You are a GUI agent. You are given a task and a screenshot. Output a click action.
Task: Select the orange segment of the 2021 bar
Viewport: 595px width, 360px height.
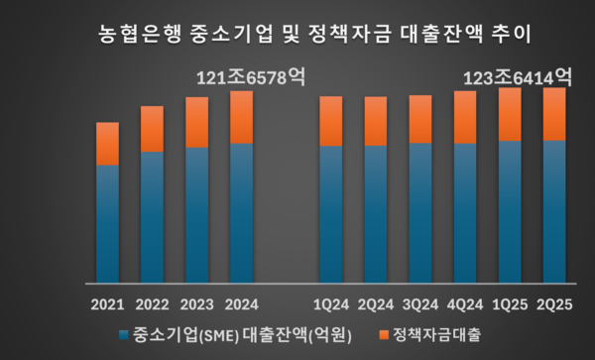(107, 144)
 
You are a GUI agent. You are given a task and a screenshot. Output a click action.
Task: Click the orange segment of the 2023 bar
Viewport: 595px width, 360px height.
(196, 122)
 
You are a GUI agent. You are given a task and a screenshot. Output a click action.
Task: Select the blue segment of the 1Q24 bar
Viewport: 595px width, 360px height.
(330, 213)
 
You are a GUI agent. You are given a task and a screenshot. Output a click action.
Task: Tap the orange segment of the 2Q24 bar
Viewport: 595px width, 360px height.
(375, 121)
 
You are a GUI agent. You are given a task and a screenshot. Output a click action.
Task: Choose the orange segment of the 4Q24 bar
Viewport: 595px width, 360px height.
(465, 117)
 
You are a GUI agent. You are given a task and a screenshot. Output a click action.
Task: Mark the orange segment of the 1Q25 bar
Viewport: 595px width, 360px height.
(510, 114)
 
